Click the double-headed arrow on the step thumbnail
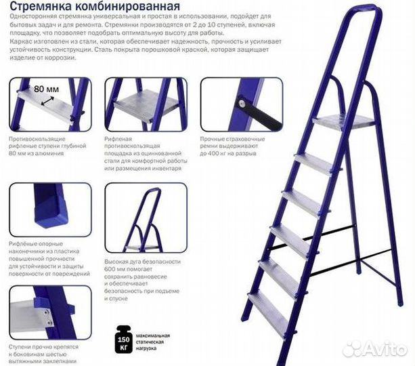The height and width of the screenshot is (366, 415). (x=48, y=100)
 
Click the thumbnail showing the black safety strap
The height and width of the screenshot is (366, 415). (x=241, y=104)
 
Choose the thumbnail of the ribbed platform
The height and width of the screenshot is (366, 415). (x=146, y=104)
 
